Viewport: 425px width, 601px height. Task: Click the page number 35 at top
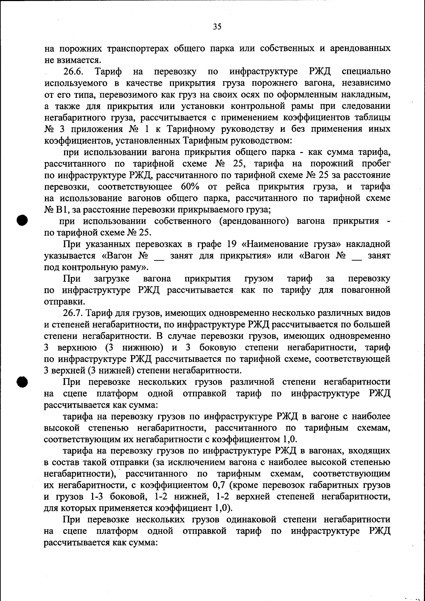click(x=217, y=27)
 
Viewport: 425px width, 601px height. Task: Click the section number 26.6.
click(x=73, y=72)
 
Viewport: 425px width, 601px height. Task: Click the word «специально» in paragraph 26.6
click(x=366, y=72)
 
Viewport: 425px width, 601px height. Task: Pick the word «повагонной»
click(x=366, y=290)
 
